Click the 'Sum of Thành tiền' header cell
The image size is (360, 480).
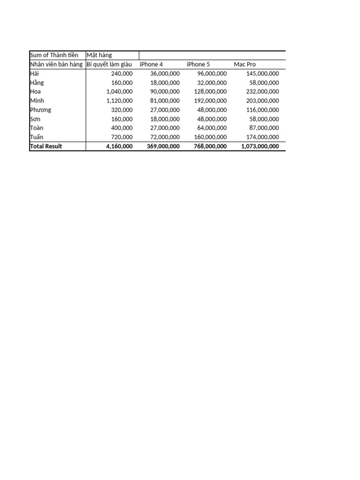click(x=54, y=55)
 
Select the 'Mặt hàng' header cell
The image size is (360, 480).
click(x=99, y=55)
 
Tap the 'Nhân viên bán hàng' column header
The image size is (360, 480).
click(x=56, y=64)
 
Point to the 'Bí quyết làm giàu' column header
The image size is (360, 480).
click(x=109, y=64)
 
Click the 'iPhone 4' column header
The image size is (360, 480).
click(x=151, y=64)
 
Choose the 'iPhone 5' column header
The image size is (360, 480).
click(x=198, y=64)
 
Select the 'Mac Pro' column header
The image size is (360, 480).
click(x=245, y=64)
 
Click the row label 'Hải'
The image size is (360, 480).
click(x=35, y=74)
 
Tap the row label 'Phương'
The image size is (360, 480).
click(x=40, y=110)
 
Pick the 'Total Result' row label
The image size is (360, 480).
click(x=46, y=146)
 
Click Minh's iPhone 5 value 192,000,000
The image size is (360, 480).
click(x=210, y=101)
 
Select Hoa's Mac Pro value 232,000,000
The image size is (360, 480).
click(x=262, y=92)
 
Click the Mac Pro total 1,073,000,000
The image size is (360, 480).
click(x=260, y=146)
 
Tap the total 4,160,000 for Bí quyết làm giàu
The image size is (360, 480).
click(x=120, y=146)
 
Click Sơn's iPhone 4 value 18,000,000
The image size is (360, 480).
click(x=165, y=119)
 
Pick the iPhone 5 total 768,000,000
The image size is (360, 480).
click(x=210, y=146)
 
